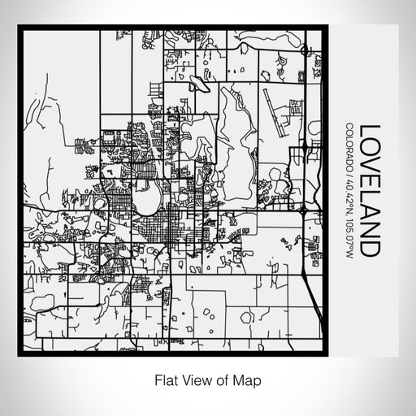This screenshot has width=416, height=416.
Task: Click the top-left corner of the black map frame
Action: click(x=20, y=28)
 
